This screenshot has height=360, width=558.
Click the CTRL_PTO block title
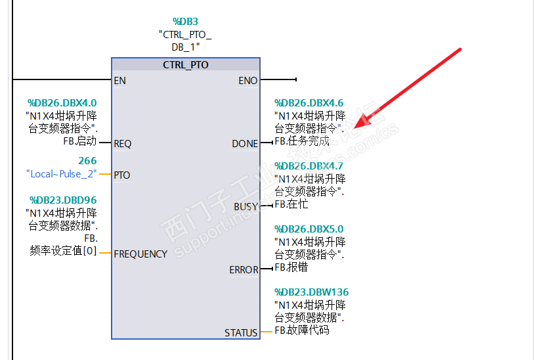coord(186,65)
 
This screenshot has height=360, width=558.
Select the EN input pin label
coord(119,81)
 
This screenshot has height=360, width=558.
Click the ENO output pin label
coord(248,81)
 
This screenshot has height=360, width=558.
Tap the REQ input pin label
coord(122,143)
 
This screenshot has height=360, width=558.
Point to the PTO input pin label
coord(121,175)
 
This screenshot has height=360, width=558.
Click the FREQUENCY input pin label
coord(140,254)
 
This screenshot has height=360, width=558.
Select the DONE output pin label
coord(245,143)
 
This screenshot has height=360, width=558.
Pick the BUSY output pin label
coord(246,206)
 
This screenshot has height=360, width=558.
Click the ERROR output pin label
coord(244,270)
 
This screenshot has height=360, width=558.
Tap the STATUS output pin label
coord(241,332)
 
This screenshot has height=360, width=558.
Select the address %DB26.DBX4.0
coord(62,103)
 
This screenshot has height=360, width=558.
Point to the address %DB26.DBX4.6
coord(309,103)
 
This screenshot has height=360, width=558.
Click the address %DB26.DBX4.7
coord(309,166)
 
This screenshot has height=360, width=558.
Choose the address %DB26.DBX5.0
coord(309,229)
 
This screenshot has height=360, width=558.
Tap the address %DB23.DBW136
coord(311,292)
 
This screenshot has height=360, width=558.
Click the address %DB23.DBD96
coord(63,200)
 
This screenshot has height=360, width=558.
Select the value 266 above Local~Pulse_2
coord(87,161)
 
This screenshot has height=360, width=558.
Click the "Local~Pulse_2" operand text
coord(61,174)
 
